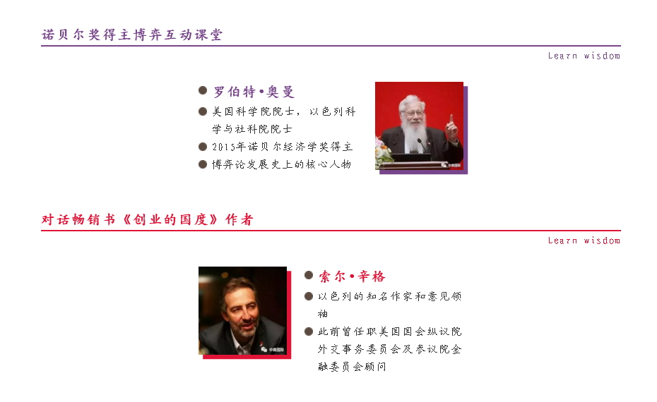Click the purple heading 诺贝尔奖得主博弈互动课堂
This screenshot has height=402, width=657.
[x=132, y=35]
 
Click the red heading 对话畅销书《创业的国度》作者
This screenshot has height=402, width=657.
[x=148, y=219]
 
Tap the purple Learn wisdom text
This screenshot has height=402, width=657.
[x=584, y=56]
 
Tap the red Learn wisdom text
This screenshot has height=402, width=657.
[x=584, y=240]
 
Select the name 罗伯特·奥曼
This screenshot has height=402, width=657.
[x=254, y=91]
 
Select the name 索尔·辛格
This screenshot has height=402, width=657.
[x=352, y=276]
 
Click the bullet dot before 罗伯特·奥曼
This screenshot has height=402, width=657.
[x=203, y=90]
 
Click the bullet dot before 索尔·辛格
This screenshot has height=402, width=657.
[x=309, y=275]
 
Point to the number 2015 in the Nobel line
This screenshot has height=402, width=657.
[x=223, y=147]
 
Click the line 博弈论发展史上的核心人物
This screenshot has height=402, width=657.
[x=282, y=164]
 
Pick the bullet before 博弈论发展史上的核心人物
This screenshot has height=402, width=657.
[x=203, y=164]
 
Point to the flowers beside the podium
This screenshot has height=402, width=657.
[x=383, y=152]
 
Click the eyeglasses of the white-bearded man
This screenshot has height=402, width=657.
[x=413, y=113]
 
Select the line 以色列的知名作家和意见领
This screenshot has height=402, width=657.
[x=390, y=296]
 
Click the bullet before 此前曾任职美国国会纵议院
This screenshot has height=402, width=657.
[x=309, y=331]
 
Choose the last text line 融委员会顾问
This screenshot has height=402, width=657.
[x=352, y=367]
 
